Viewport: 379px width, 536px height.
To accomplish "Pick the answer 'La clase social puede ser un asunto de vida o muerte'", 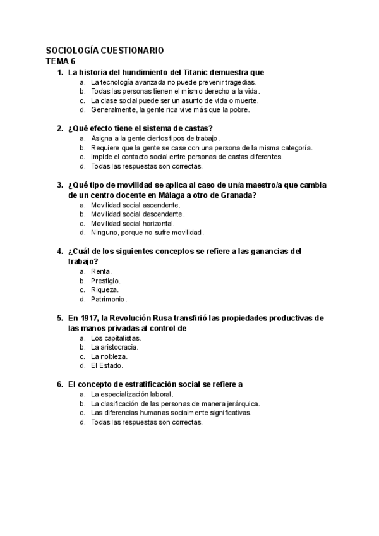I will pyautogui.click(x=174, y=100).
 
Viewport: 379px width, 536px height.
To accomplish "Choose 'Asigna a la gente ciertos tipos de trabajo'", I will pyautogui.click(x=155, y=138).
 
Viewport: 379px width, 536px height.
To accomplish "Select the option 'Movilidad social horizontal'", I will pyautogui.click(x=133, y=223).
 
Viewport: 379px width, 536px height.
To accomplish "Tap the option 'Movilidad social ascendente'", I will pyautogui.click(x=135, y=205).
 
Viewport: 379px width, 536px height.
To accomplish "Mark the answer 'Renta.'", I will pyautogui.click(x=101, y=271).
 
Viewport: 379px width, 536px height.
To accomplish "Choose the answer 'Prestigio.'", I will pyautogui.click(x=105, y=280).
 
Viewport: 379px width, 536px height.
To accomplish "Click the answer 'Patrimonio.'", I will pyautogui.click(x=109, y=299).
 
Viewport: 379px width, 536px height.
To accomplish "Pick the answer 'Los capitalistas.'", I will pyautogui.click(x=116, y=338).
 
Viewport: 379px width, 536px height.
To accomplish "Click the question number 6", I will pyautogui.click(x=59, y=384).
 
